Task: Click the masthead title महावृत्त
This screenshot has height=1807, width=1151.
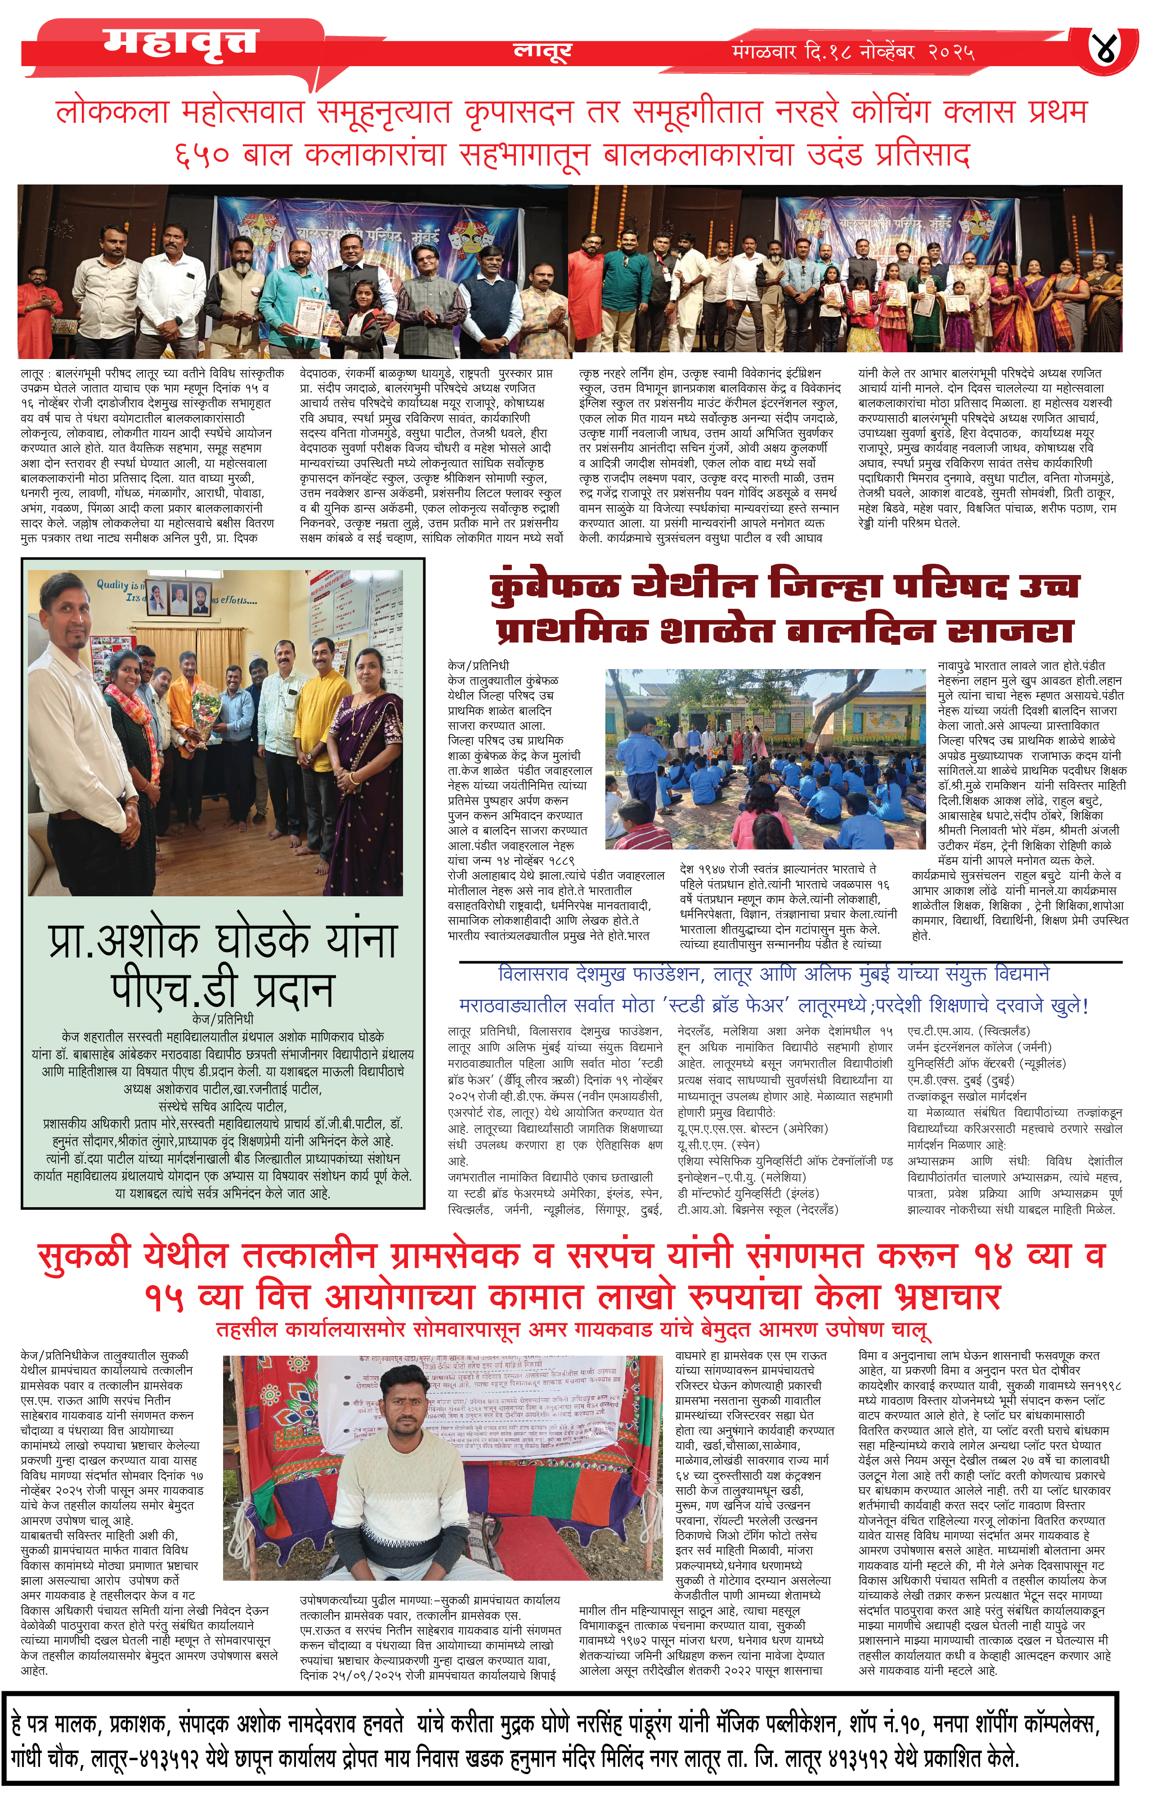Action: point(180,41)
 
